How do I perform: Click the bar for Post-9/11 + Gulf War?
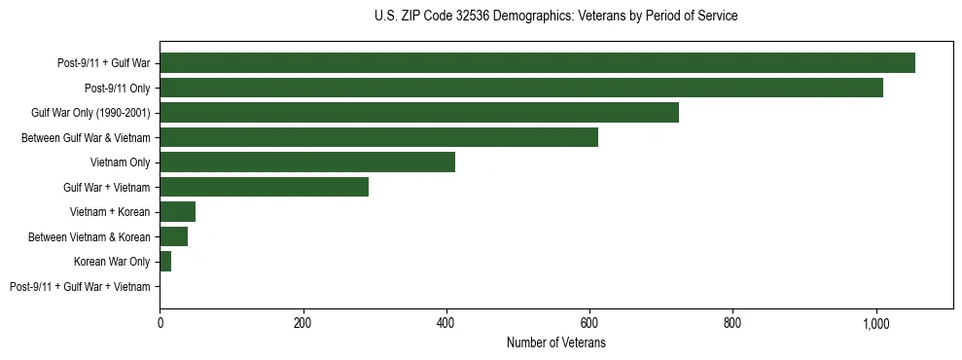click(537, 63)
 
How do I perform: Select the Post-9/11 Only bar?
click(521, 88)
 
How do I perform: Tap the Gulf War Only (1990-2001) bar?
click(419, 113)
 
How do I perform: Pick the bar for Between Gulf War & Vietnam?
click(378, 137)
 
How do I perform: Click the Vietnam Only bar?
click(307, 162)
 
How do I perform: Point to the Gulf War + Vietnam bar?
click(264, 187)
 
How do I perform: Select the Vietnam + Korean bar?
click(177, 212)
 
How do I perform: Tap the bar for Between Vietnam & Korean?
click(173, 236)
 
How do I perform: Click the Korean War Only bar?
click(165, 262)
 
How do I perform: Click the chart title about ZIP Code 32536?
click(555, 17)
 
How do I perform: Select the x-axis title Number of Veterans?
click(556, 342)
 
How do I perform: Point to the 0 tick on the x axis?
click(160, 322)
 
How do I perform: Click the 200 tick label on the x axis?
click(303, 322)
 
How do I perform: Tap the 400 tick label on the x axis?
click(446, 322)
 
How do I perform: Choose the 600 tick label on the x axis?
click(589, 322)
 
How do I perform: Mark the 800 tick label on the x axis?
click(732, 322)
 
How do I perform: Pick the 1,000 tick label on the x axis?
click(876, 322)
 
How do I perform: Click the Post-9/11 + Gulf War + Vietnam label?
click(80, 286)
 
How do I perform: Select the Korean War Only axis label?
click(112, 262)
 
